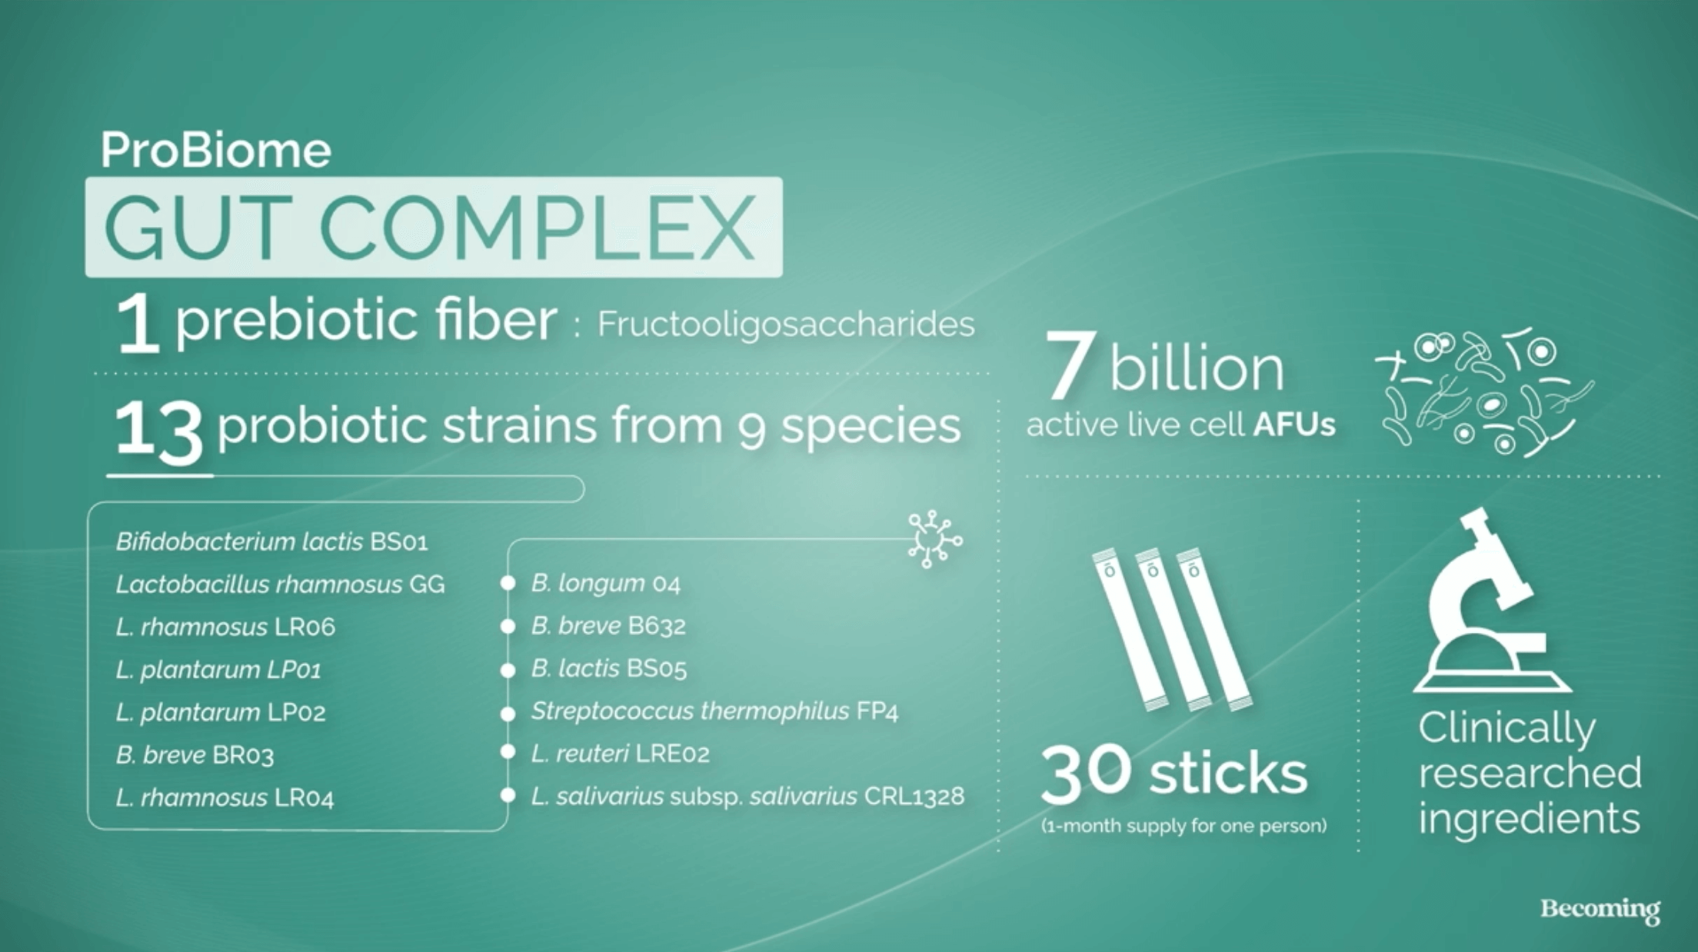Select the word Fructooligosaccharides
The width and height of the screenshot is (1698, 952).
[786, 325]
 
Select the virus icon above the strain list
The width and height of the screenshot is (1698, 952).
[934, 540]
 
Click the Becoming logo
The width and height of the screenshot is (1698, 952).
[1600, 910]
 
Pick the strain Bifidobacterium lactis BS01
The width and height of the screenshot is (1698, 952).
[271, 542]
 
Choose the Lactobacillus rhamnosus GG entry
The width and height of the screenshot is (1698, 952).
[280, 585]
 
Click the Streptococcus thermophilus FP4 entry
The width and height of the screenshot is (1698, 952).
[714, 712]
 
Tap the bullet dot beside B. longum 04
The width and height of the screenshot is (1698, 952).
[508, 584]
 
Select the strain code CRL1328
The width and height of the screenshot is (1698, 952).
[914, 797]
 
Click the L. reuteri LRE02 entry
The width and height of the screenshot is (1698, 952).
[620, 754]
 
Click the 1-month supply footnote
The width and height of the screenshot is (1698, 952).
[1184, 827]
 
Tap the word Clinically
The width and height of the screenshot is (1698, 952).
[1507, 729]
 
